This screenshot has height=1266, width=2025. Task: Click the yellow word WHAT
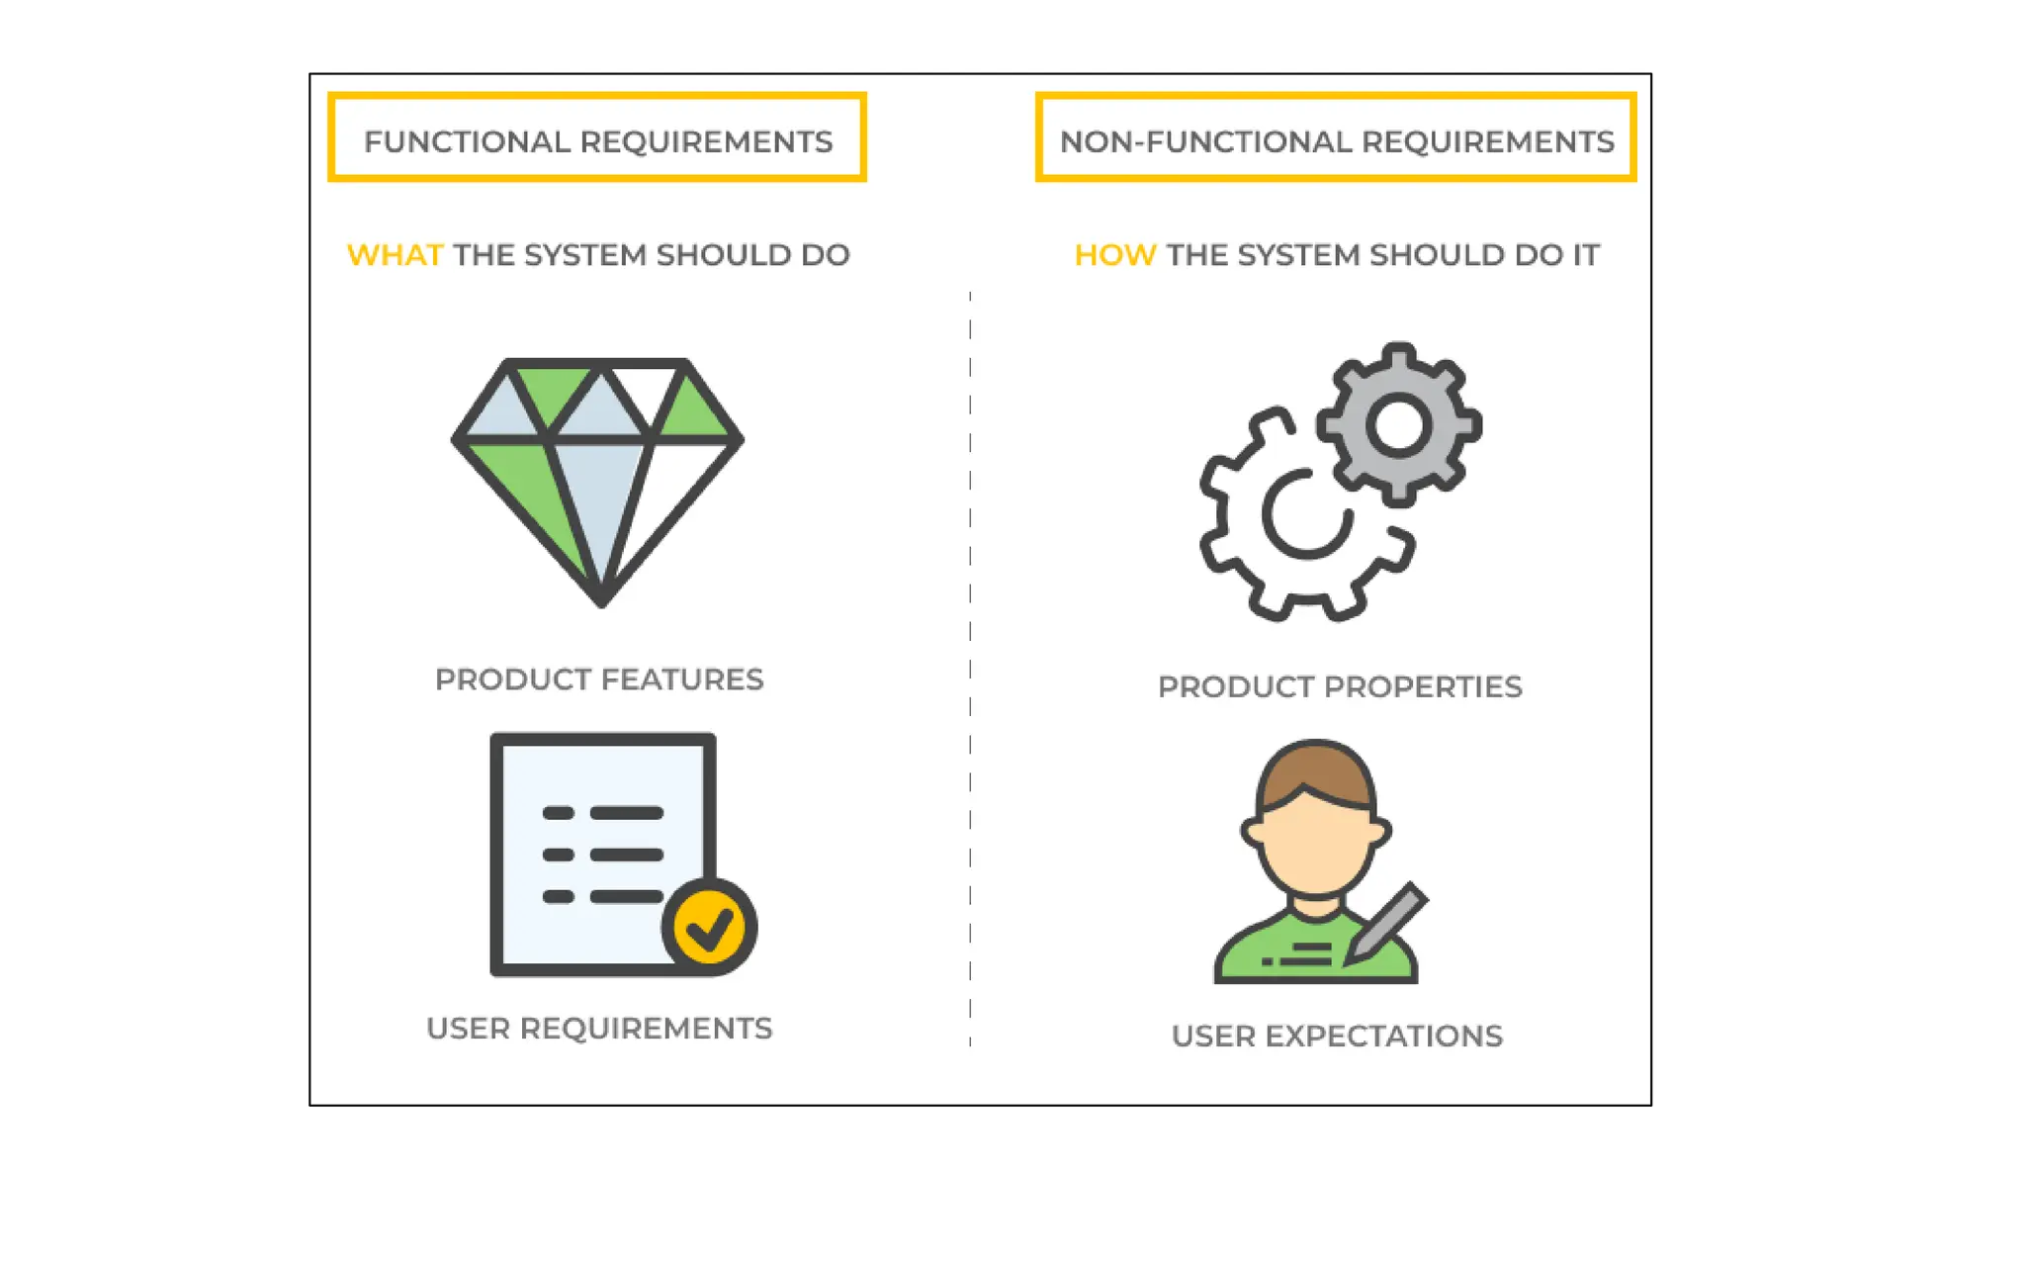[395, 255]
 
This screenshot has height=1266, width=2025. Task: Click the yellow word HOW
[1114, 255]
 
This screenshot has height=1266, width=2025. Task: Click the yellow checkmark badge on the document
[709, 928]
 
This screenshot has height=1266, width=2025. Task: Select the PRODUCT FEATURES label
[599, 679]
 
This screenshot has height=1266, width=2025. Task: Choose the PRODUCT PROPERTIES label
[1340, 686]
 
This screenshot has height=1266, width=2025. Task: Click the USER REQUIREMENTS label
[599, 1029]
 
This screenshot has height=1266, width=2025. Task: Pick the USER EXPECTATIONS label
[1337, 1036]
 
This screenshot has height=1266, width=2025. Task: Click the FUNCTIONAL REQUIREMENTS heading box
[597, 138]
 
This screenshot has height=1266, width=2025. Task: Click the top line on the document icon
[626, 813]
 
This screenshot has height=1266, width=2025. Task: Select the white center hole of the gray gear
[1398, 425]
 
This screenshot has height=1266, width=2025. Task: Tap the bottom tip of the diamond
[601, 600]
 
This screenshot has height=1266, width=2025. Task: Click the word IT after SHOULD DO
[1585, 255]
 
